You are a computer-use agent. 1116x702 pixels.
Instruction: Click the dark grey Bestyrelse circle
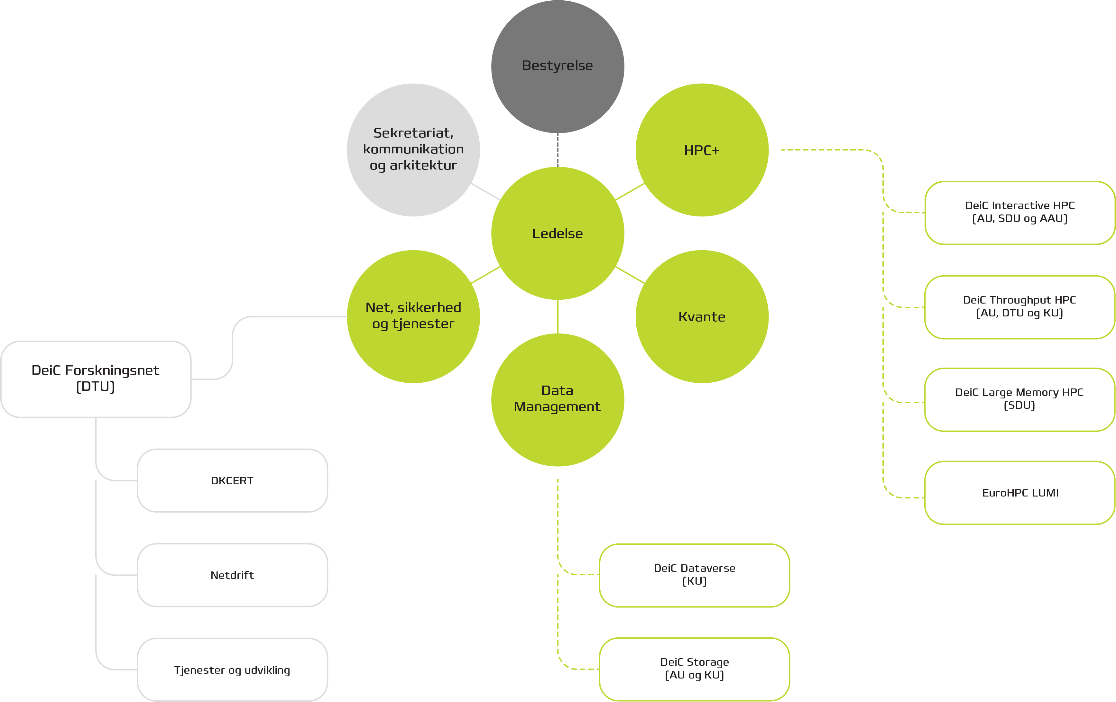[558, 66]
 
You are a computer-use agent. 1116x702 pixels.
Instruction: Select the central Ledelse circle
[558, 233]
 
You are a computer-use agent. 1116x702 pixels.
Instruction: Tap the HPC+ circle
[702, 150]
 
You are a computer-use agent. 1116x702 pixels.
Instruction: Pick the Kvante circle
[702, 316]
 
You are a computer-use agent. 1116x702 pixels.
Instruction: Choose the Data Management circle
[558, 399]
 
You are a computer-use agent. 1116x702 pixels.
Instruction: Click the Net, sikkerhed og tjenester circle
[413, 316]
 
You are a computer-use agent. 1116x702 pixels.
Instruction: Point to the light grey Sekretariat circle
[413, 150]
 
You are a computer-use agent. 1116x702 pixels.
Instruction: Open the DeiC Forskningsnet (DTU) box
[96, 379]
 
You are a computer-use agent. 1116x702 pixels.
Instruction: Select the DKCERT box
[232, 480]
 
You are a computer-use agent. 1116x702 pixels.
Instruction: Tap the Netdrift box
[232, 575]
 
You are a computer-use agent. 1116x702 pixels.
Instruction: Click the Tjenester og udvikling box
[232, 670]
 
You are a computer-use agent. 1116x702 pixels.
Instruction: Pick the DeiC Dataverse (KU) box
[694, 575]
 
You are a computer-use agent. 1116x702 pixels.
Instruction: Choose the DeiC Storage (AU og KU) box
[694, 669]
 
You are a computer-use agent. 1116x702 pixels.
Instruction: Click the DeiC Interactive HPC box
[1019, 212]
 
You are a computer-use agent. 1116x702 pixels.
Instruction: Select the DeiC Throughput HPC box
[1019, 307]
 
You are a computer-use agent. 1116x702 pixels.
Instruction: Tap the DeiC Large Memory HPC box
[1019, 399]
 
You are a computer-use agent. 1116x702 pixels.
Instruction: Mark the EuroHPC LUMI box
[1019, 493]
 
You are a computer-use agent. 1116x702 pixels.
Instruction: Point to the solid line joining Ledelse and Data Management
[558, 316]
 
